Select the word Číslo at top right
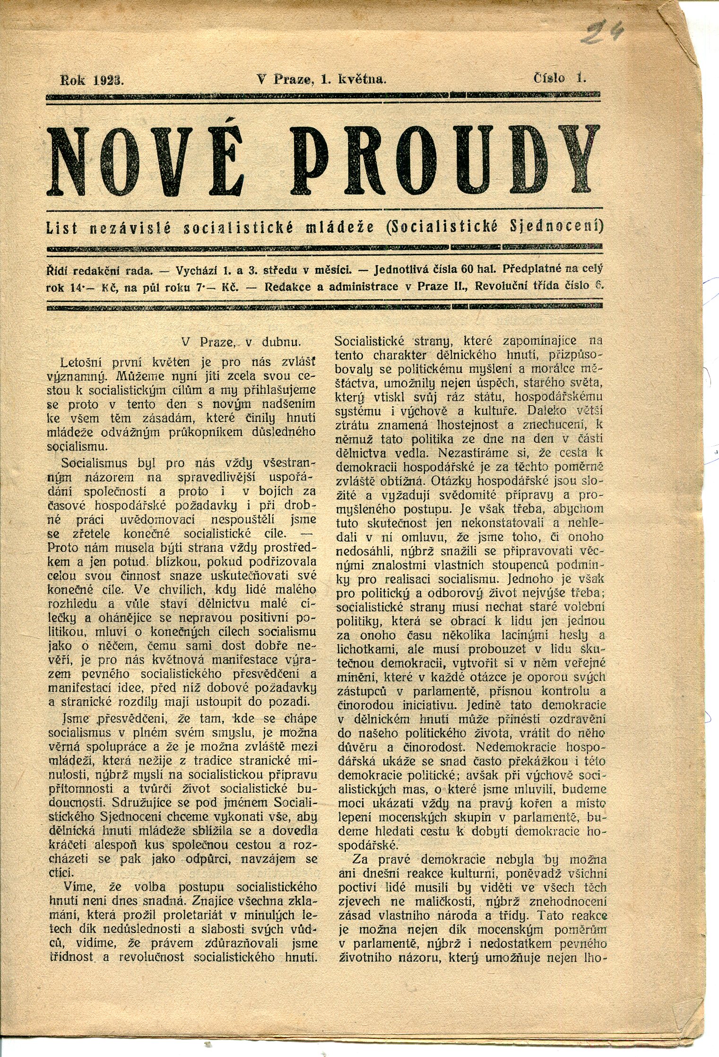click(x=549, y=78)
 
